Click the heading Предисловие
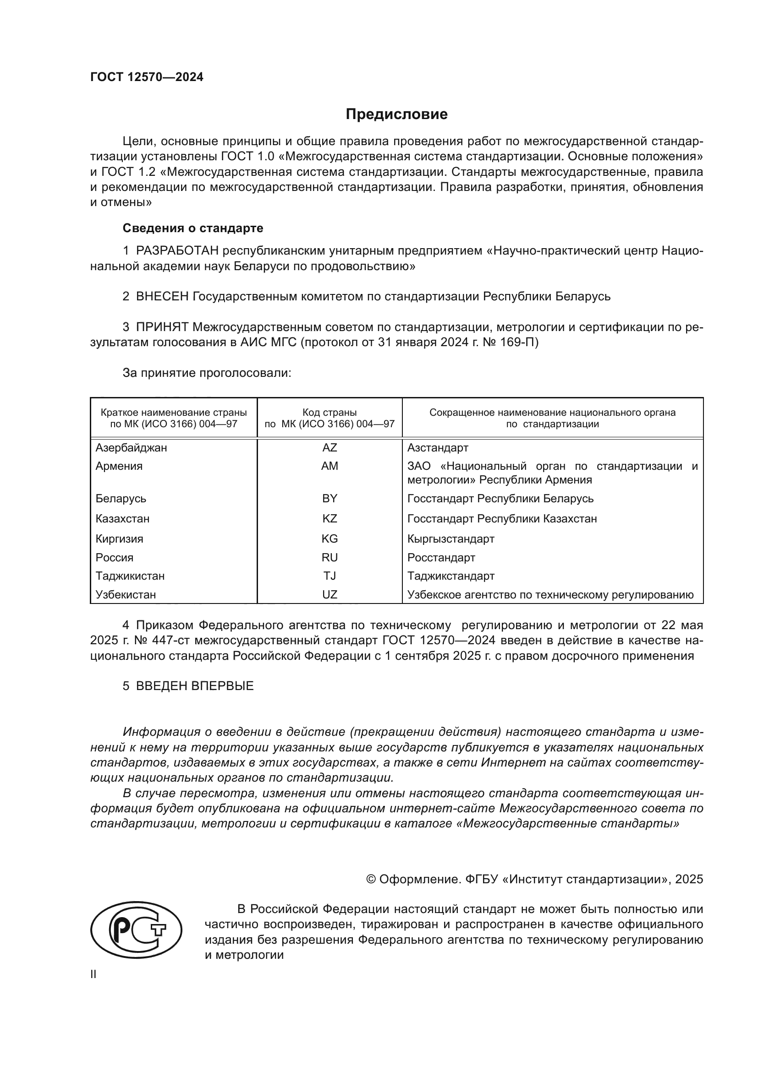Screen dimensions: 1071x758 point(396,114)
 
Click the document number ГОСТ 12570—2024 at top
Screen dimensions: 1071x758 point(147,77)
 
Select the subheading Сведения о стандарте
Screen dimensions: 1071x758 point(193,228)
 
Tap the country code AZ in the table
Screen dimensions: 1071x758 point(330,448)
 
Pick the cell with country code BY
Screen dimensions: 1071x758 point(330,498)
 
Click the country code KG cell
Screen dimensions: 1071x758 point(330,539)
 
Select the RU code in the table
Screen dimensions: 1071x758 point(330,557)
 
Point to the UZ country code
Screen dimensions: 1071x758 point(330,594)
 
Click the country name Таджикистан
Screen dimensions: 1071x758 point(130,576)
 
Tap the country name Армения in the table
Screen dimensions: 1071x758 point(119,466)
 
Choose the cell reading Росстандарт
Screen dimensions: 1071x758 point(441,557)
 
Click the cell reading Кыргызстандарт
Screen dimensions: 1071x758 point(451,539)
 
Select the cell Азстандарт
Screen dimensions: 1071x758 point(438,448)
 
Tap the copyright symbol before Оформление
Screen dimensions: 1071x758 point(371,879)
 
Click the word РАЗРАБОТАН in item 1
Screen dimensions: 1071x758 point(177,251)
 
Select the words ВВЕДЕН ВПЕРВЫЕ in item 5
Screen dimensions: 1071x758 point(195,686)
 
